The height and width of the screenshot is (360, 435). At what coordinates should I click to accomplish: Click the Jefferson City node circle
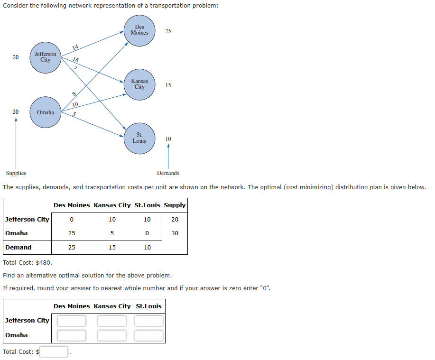click(45, 57)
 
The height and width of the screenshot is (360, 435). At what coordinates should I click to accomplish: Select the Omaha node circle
click(45, 112)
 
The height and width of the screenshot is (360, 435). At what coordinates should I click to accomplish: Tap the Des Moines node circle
click(139, 30)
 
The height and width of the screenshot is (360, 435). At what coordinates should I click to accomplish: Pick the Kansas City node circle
click(139, 84)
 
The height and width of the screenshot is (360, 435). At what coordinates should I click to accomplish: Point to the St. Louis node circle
click(139, 138)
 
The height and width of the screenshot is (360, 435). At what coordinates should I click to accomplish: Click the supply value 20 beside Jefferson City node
click(16, 57)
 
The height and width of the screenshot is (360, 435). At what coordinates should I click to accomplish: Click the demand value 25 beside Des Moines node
click(168, 31)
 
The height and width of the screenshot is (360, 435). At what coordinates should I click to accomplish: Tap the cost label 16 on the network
click(76, 60)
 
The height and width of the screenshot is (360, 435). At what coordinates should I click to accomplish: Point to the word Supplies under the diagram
click(16, 173)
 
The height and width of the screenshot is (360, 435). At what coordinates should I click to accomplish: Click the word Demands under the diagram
click(168, 173)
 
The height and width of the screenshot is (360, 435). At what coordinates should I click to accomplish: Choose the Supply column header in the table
click(175, 205)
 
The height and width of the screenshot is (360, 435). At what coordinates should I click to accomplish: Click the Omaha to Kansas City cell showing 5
click(112, 233)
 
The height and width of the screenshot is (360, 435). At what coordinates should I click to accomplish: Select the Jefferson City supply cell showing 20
click(175, 219)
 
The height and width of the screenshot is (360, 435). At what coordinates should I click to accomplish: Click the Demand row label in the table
click(19, 247)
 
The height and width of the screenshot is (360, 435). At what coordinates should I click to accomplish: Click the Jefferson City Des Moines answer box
click(72, 321)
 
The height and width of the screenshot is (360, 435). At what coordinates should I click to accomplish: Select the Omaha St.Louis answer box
click(148, 335)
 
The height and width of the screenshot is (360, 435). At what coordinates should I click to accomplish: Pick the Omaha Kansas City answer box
click(112, 335)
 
